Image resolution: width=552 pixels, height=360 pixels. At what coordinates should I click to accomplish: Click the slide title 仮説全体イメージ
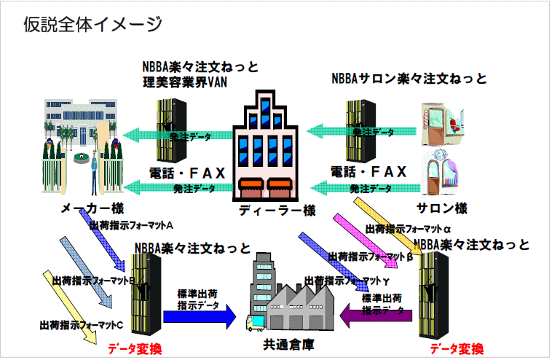point(92,24)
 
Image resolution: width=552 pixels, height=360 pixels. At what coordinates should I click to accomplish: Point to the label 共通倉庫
point(288,343)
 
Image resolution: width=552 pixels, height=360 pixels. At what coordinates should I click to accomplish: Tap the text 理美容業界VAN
point(185,82)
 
